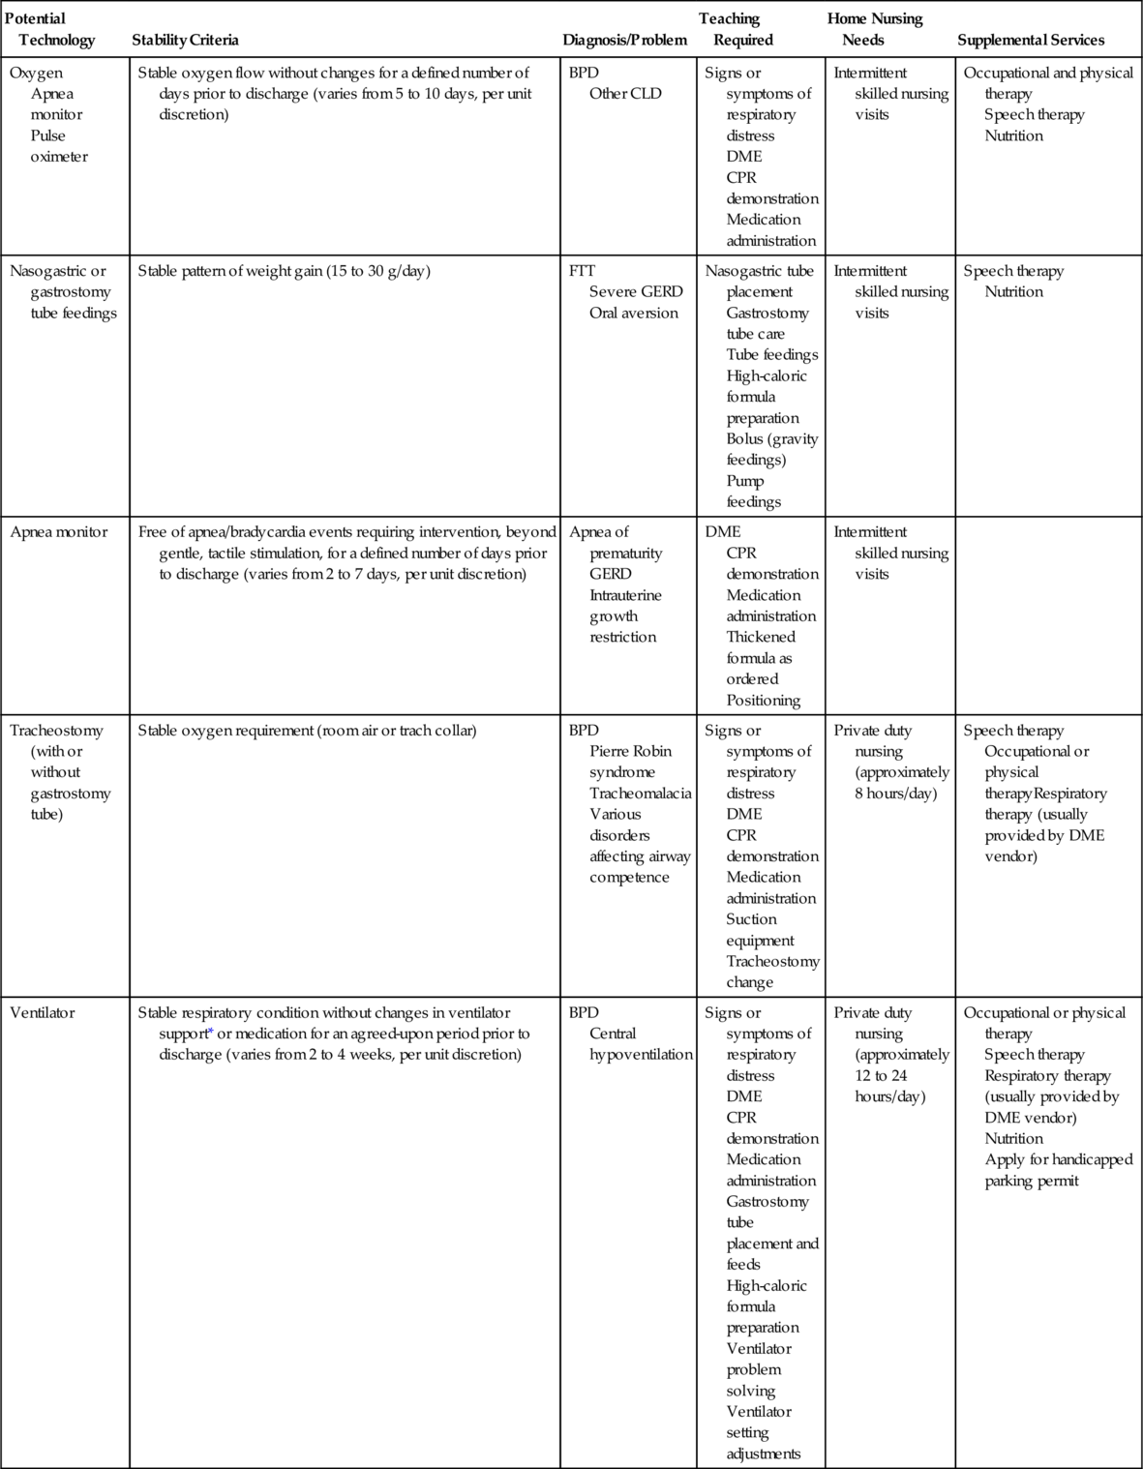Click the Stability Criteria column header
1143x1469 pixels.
click(185, 40)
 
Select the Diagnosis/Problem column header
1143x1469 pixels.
click(624, 40)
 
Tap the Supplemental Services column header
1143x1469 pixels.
click(1031, 40)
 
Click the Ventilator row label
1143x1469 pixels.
click(42, 1012)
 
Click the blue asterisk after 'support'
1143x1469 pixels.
click(211, 1033)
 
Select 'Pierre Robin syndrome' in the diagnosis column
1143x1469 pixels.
click(630, 762)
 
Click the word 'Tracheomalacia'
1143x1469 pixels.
click(641, 794)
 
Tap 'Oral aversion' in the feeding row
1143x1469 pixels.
click(634, 313)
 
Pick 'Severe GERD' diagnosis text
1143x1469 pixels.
click(636, 291)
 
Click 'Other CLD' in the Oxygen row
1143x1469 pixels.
click(625, 94)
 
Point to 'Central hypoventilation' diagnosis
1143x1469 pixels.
click(641, 1044)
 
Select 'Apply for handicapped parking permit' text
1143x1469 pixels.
click(1058, 1170)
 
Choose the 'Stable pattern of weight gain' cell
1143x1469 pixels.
click(284, 271)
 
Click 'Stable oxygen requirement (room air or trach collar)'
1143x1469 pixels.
click(307, 731)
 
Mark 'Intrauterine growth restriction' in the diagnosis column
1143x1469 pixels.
click(625, 615)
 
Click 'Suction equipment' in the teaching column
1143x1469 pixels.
click(760, 930)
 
